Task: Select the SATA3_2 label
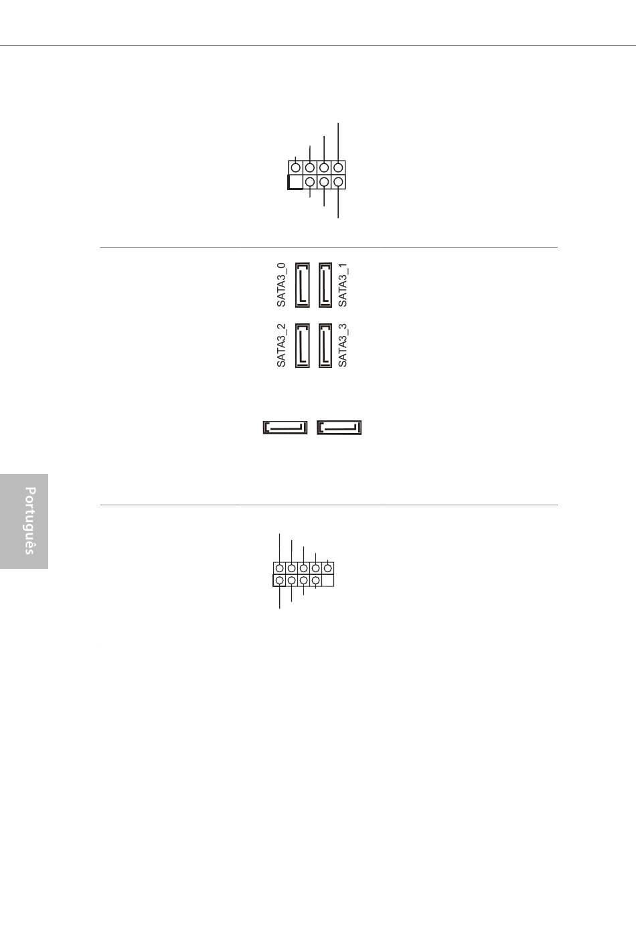[281, 345]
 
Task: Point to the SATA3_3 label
[343, 345]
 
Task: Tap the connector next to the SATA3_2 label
[303, 345]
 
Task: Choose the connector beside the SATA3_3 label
[325, 345]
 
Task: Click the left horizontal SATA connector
[285, 427]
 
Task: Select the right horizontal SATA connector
[339, 427]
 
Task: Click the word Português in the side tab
[29, 521]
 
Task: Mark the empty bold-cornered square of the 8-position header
[295, 182]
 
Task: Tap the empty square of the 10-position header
[327, 581]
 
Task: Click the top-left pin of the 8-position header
[295, 167]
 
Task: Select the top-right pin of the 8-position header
[338, 167]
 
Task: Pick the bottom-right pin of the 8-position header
[338, 182]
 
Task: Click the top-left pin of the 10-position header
[279, 569]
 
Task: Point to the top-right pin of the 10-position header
[327, 569]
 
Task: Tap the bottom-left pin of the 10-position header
[279, 581]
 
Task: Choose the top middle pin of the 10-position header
[303, 569]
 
